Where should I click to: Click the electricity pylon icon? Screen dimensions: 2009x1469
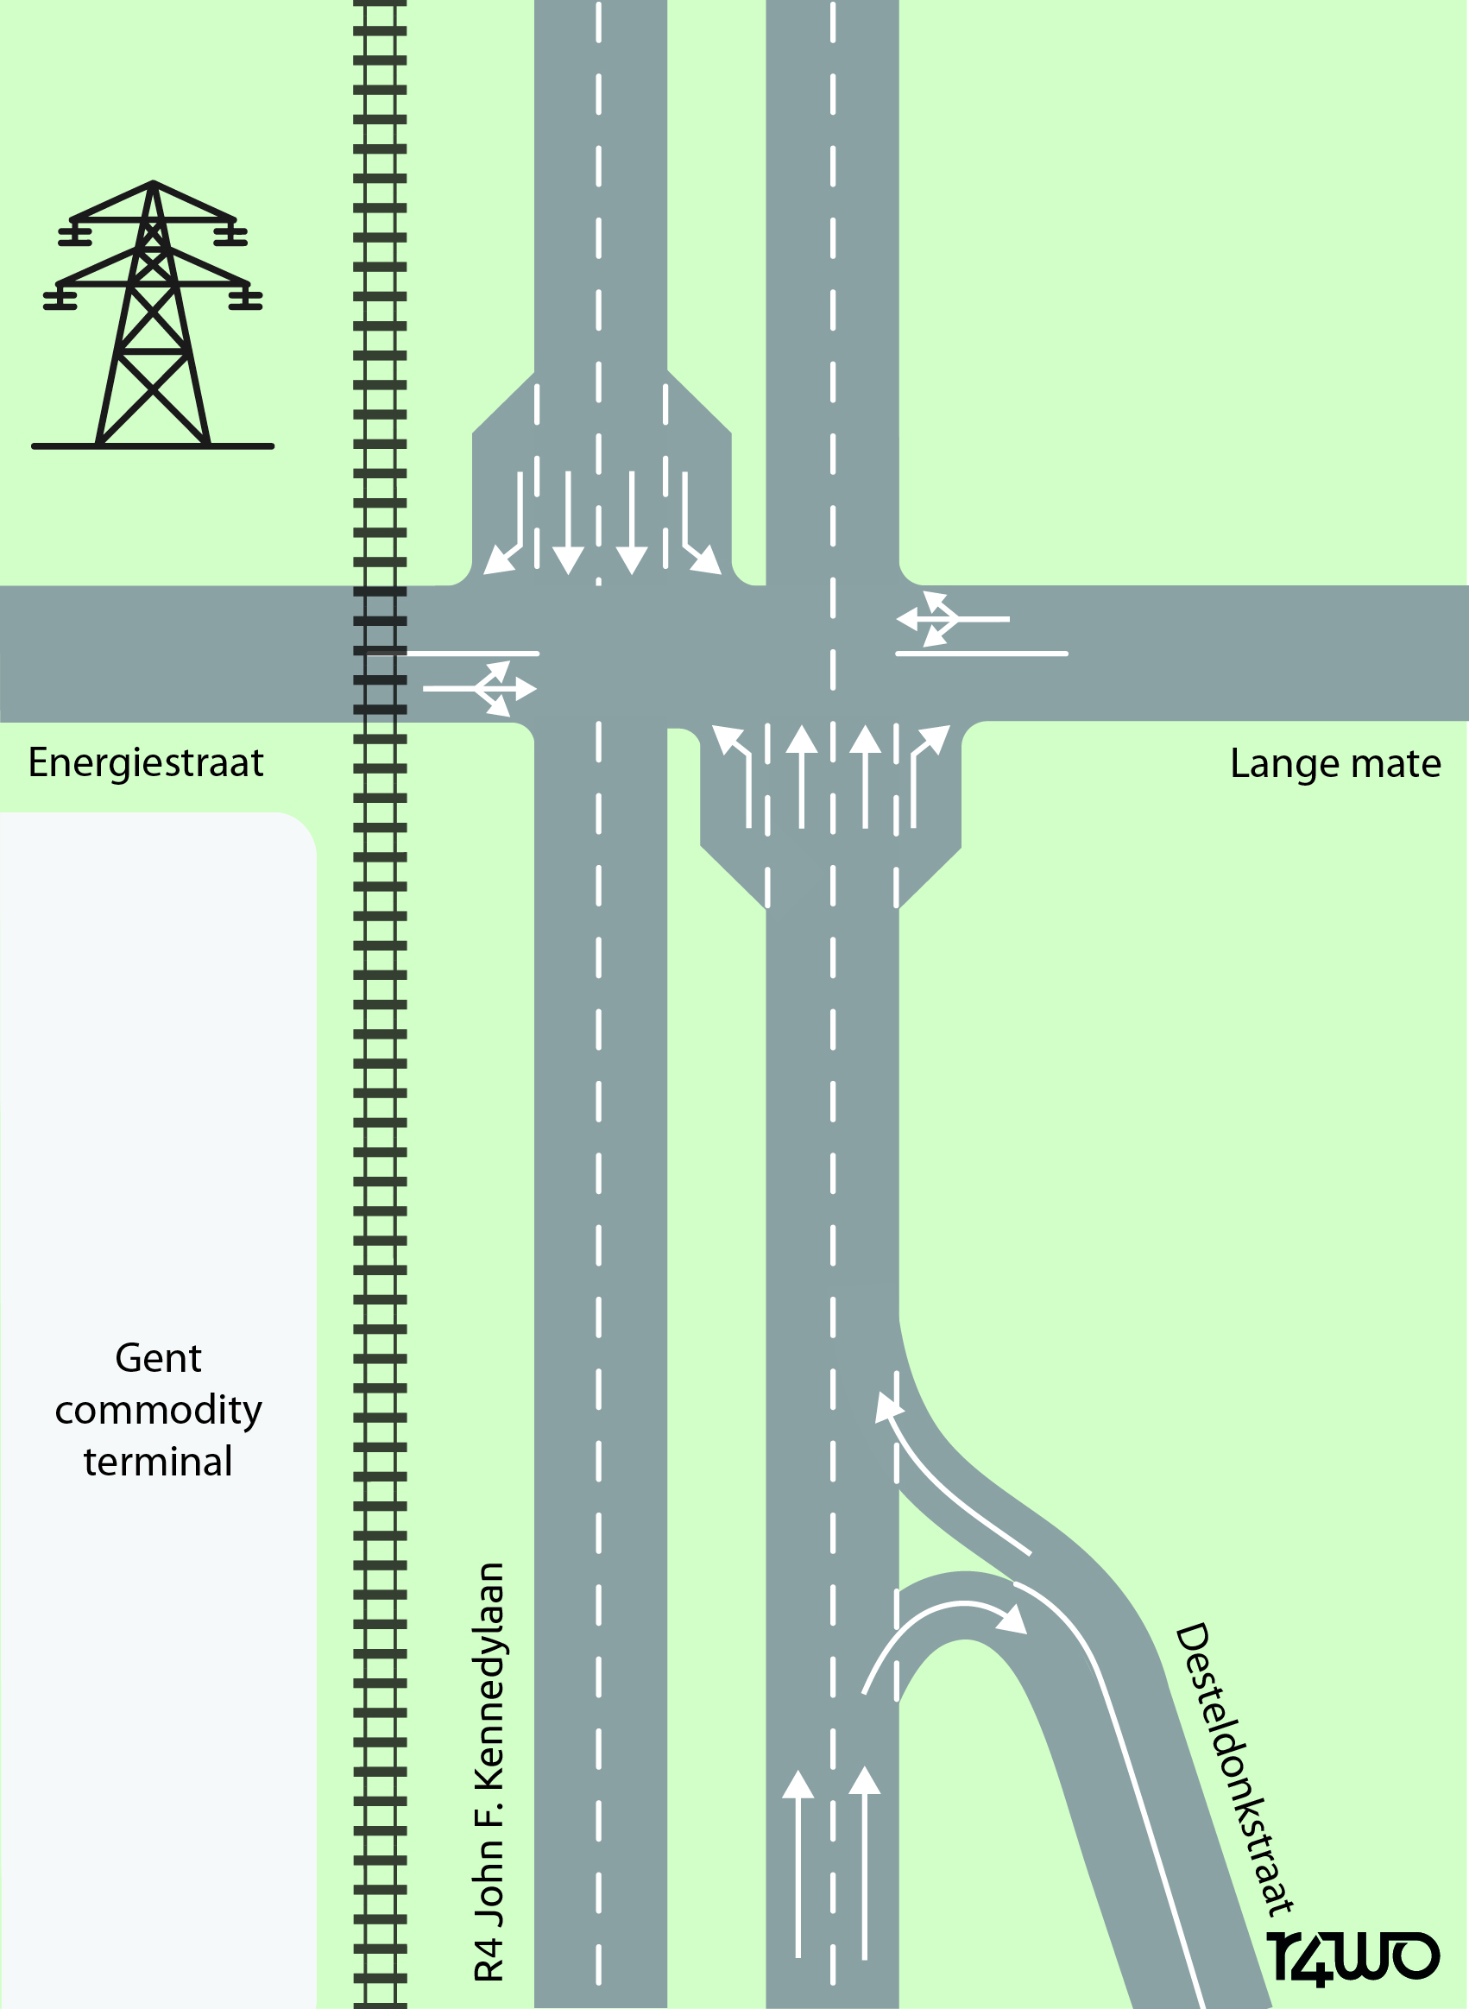pos(153,316)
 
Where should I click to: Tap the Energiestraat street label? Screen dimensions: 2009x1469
pos(146,763)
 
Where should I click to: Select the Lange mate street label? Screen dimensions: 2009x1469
pos(1334,764)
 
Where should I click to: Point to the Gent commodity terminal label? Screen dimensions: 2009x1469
pos(158,1410)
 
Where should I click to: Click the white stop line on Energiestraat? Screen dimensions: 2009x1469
pos(471,654)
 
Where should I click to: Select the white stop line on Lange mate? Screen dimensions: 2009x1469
pos(980,654)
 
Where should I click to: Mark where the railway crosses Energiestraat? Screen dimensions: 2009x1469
pos(380,653)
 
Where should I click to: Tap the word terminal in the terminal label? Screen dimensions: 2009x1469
pos(158,1461)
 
